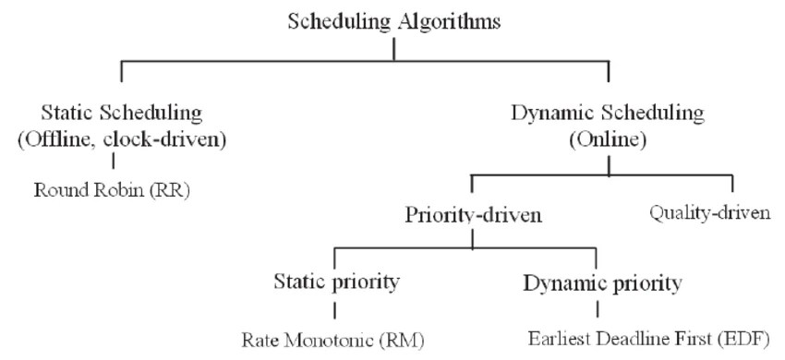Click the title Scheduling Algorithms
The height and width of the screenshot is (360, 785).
pos(394,22)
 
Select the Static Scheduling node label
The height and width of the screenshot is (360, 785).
pos(122,114)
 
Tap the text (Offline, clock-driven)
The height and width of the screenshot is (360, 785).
pos(122,139)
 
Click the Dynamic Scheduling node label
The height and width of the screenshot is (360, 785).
pos(607,114)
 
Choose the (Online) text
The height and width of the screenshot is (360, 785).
pos(607,139)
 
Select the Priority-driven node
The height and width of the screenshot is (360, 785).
pos(472,215)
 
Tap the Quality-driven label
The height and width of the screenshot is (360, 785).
pos(709,213)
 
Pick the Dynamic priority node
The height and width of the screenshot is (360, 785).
pos(602,282)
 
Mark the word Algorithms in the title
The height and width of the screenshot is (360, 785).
pos(452,22)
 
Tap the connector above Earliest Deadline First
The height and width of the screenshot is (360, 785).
pos(597,309)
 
